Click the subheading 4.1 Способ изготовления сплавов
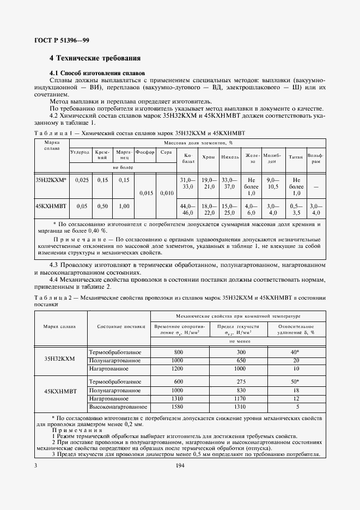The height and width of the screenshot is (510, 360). point(97,72)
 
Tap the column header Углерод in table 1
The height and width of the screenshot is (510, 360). point(80,153)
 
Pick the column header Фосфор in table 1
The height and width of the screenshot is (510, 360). point(145,153)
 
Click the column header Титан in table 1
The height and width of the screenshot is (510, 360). point(296,156)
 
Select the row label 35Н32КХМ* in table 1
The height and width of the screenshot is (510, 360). point(51,179)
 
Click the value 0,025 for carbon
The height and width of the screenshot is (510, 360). point(81,179)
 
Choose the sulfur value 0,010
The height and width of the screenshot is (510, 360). point(167,193)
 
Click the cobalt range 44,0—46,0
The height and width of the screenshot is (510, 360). point(187,210)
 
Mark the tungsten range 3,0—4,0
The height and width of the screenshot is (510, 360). point(316,210)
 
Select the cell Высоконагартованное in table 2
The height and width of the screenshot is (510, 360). point(119,406)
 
